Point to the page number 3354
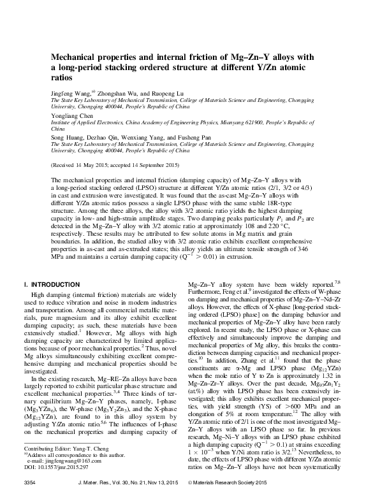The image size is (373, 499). click(x=29, y=487)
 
